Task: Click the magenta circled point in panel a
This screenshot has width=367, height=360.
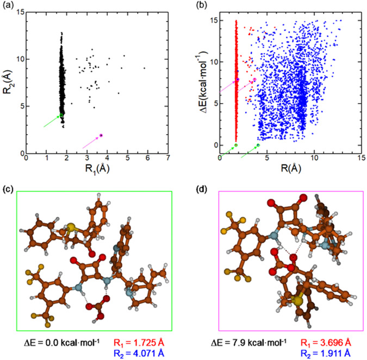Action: click(101, 135)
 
